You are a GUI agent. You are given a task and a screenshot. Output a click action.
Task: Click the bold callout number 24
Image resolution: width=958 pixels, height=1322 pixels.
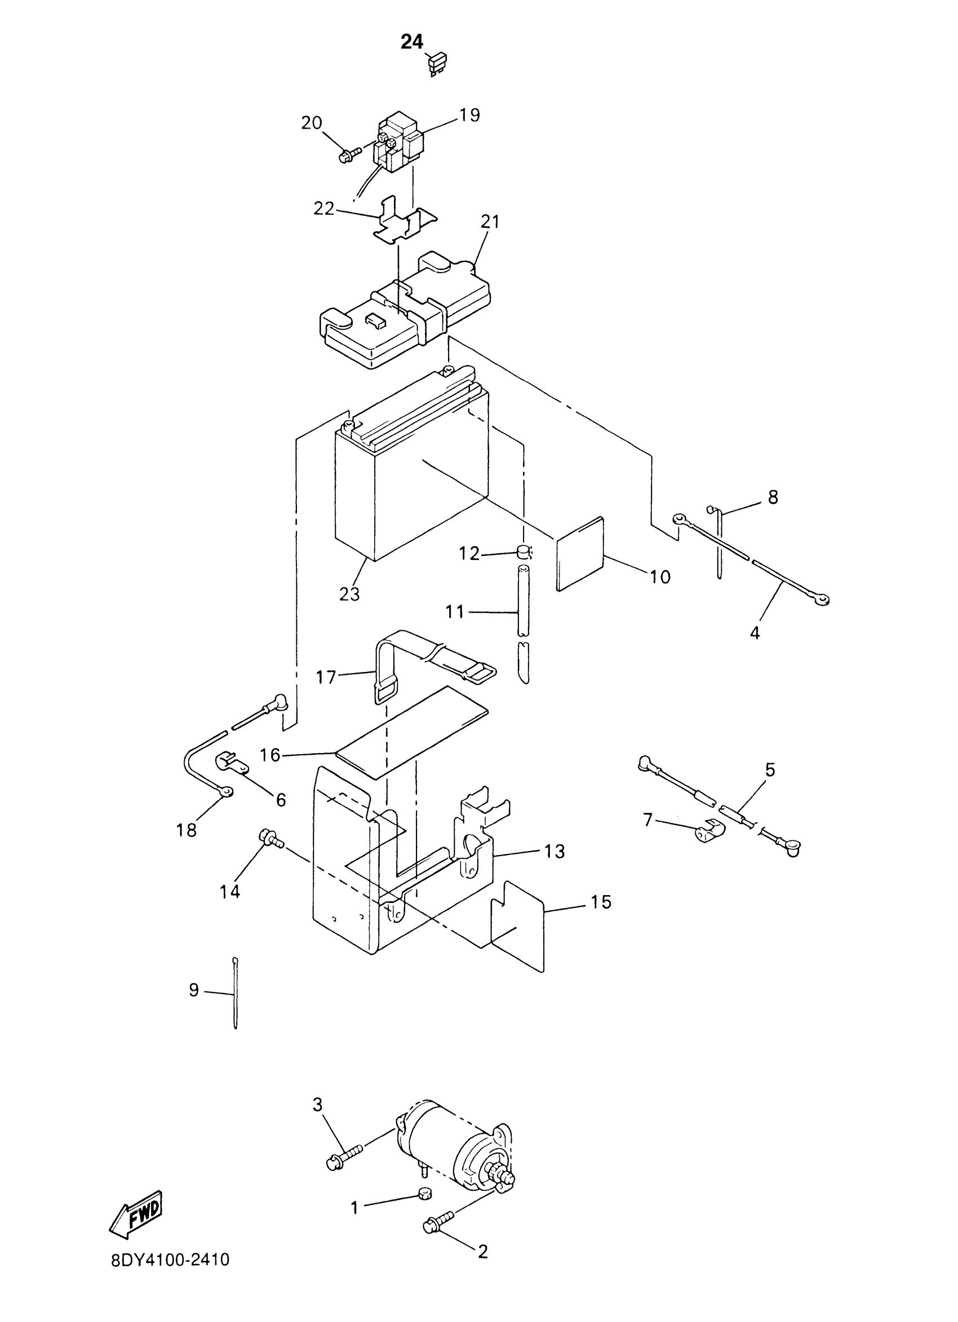click(x=411, y=43)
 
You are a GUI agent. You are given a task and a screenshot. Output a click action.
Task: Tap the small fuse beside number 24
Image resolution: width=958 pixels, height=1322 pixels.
click(x=438, y=65)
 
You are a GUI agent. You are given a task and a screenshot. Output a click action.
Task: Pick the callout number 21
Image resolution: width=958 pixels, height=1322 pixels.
click(x=490, y=222)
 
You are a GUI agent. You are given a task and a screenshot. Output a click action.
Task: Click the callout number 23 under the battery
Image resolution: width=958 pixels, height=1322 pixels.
click(x=350, y=594)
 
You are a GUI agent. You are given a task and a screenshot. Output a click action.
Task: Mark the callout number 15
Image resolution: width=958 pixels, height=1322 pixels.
click(x=601, y=902)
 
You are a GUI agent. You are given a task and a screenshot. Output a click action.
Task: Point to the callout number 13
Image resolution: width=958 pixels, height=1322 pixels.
click(x=555, y=852)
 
